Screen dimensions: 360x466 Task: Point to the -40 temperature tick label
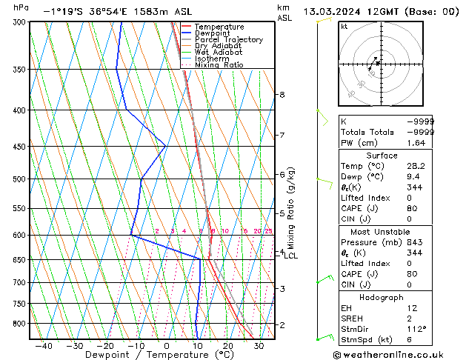pos(43,345)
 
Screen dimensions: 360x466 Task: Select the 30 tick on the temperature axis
pos(259,345)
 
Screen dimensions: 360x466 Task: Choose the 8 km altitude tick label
pos(282,95)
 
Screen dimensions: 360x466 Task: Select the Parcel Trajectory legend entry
pos(228,40)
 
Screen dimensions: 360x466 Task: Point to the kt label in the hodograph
pos(344,27)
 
